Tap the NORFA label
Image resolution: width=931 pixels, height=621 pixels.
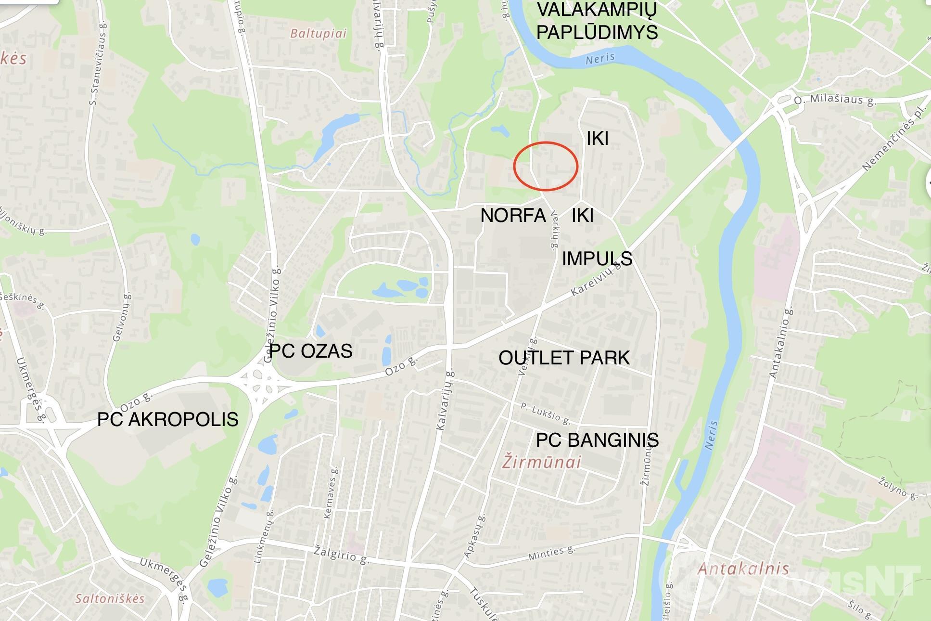[x=513, y=215]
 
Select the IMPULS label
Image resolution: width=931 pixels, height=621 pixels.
[x=597, y=259]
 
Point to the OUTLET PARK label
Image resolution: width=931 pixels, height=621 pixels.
[x=564, y=358]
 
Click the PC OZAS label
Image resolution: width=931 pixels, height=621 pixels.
[x=311, y=351]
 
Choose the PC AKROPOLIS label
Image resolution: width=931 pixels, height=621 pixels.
[x=167, y=419]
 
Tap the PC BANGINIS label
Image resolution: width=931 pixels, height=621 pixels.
[x=597, y=440]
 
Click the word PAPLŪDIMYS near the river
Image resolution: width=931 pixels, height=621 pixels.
[x=597, y=32]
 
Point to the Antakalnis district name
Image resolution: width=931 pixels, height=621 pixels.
[x=743, y=569]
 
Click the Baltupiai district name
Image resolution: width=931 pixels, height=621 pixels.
[x=318, y=34]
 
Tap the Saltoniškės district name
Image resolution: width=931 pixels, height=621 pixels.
[x=110, y=598]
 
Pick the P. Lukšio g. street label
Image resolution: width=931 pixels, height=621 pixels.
[x=546, y=414]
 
